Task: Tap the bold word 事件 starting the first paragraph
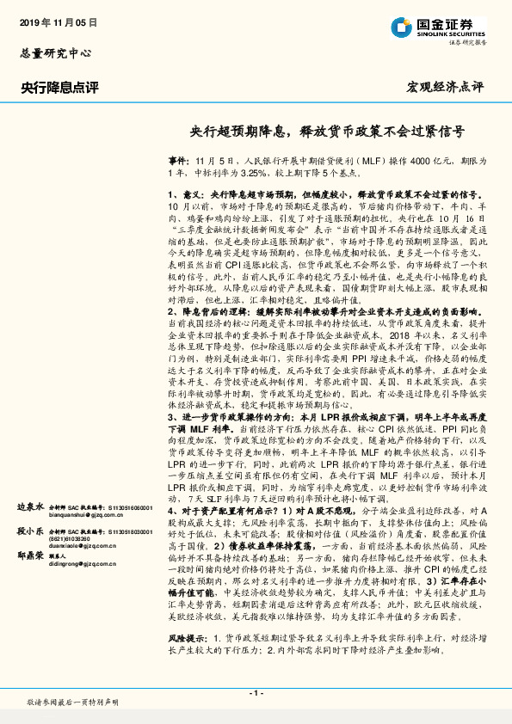pyautogui.click(x=176, y=161)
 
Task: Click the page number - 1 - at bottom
pyautogui.click(x=256, y=691)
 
